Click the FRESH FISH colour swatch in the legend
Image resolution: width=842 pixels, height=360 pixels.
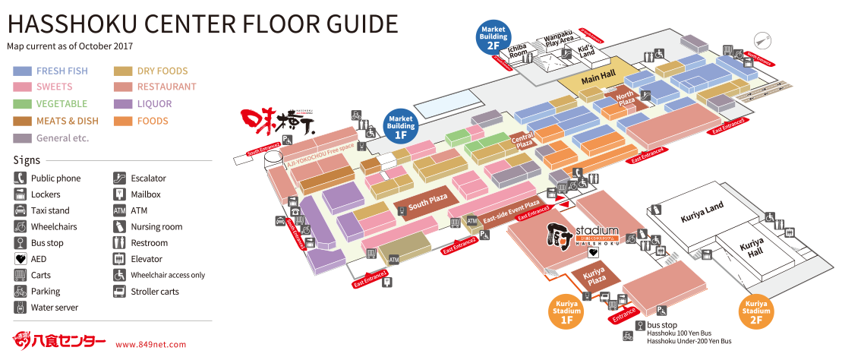(x=22, y=71)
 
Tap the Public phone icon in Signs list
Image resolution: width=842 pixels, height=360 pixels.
(x=20, y=178)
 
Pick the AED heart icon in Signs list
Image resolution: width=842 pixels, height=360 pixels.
(x=20, y=259)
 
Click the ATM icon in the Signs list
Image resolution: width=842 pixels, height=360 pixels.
(x=119, y=210)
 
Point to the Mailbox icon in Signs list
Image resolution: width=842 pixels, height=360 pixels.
(x=119, y=194)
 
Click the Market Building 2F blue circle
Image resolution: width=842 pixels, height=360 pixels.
(x=493, y=36)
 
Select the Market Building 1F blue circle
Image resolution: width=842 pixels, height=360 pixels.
(x=402, y=125)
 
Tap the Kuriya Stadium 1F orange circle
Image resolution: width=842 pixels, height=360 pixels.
(x=566, y=312)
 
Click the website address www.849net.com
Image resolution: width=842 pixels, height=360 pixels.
(x=150, y=344)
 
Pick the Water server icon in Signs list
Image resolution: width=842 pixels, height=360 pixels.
(x=20, y=308)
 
